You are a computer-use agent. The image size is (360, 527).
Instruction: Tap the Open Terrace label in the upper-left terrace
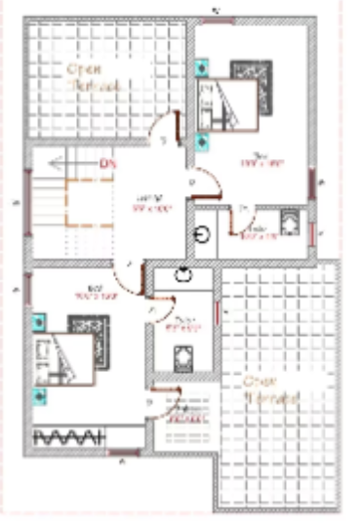click(x=92, y=78)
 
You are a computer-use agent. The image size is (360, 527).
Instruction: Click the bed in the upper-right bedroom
click(x=237, y=97)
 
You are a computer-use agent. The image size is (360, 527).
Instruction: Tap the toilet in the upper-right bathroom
click(x=290, y=223)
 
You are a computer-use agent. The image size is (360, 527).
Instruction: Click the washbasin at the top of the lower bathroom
click(x=182, y=276)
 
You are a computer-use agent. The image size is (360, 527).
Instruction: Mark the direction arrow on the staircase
click(x=55, y=163)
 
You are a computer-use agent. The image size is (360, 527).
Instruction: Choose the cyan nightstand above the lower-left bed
click(x=39, y=318)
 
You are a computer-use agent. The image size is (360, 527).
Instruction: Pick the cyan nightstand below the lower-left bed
click(x=39, y=395)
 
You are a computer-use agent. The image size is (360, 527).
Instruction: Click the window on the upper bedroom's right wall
click(x=313, y=183)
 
